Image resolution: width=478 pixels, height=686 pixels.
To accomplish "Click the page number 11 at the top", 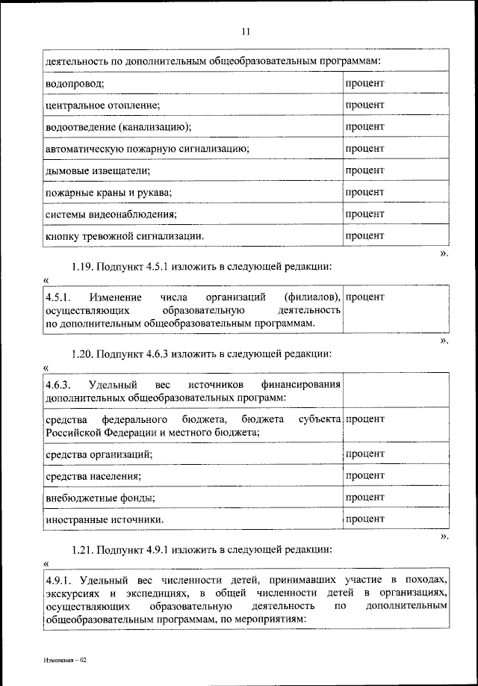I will pyautogui.click(x=246, y=31).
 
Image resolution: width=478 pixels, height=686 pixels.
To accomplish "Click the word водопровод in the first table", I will pyautogui.click(x=73, y=83).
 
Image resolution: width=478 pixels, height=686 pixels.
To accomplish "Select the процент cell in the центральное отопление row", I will pyautogui.click(x=364, y=105).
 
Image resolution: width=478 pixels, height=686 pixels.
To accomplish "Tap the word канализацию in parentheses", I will pyautogui.click(x=160, y=127).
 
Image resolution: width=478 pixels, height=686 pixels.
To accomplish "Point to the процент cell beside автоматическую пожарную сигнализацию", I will pyautogui.click(x=364, y=149).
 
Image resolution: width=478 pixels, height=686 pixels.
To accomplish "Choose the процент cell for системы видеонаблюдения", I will pyautogui.click(x=364, y=214).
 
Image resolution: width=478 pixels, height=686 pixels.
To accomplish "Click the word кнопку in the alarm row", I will pyautogui.click(x=62, y=237).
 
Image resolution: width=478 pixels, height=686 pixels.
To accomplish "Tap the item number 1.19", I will pyautogui.click(x=83, y=267).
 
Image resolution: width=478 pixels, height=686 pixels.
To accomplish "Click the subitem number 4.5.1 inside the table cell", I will pyautogui.click(x=58, y=298).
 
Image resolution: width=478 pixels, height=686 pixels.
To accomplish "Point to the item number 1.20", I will pyautogui.click(x=83, y=353).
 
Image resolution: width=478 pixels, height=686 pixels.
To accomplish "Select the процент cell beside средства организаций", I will pyautogui.click(x=364, y=454).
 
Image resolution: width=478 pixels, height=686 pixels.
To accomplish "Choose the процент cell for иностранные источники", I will pyautogui.click(x=364, y=518).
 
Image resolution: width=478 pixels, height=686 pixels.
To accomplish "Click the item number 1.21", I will pyautogui.click(x=83, y=549).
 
